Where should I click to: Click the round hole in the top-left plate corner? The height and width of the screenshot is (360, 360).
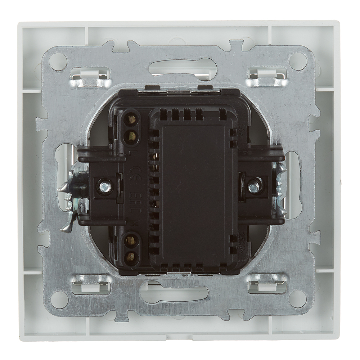[x=58, y=62]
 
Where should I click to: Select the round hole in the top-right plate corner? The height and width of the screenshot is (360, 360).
[x=298, y=62]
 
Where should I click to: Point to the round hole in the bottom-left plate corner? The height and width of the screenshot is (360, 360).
[x=59, y=299]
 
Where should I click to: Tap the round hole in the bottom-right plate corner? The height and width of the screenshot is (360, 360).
[x=298, y=299]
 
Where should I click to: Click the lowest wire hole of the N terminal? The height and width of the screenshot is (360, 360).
[x=131, y=256]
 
